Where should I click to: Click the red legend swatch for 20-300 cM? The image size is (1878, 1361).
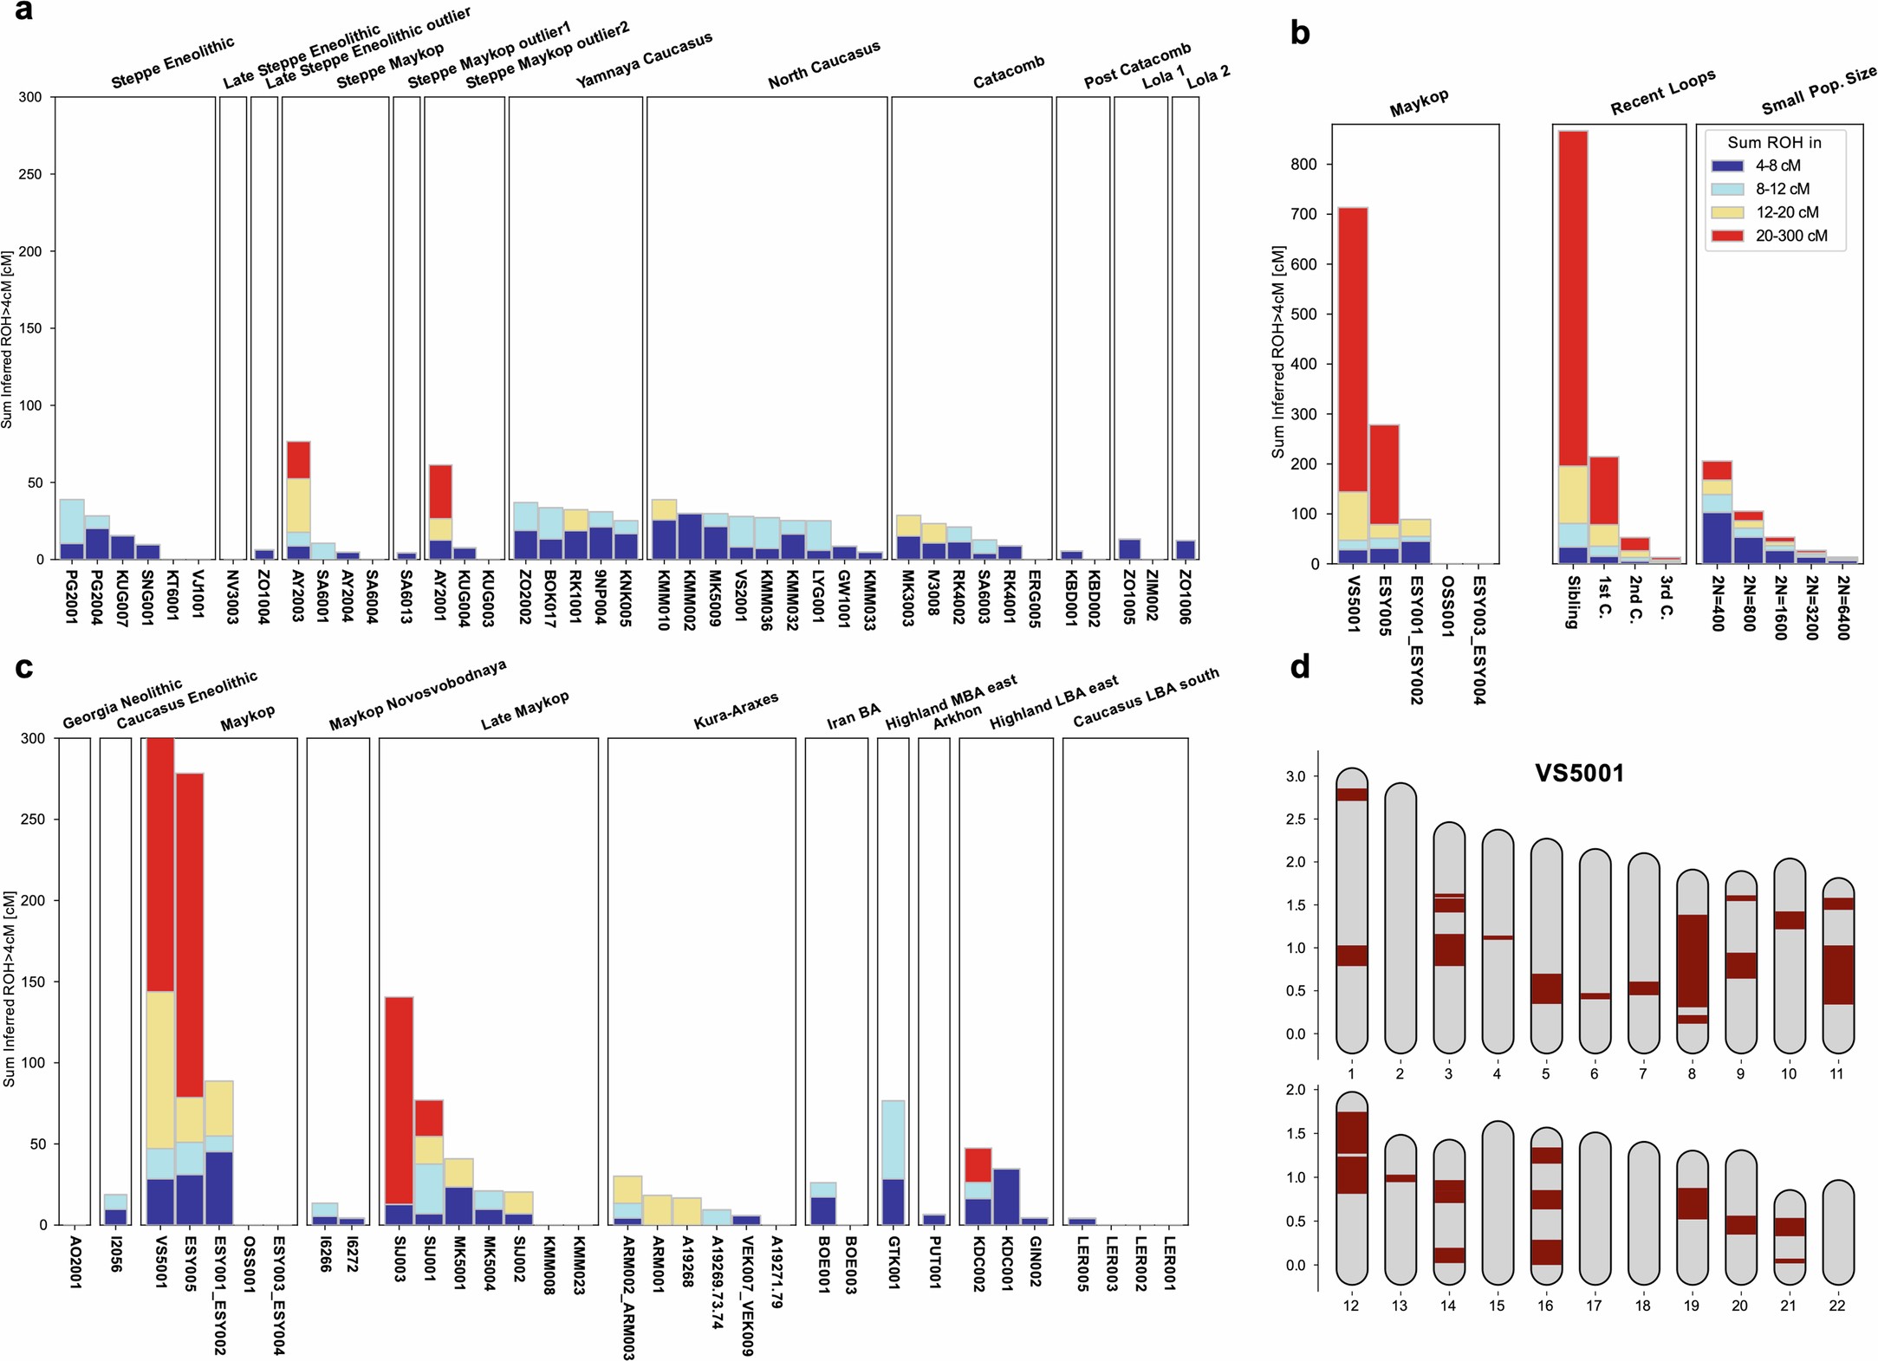(1727, 236)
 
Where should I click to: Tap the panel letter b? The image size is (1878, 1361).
(1299, 33)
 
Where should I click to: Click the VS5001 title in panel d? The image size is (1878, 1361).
(1579, 773)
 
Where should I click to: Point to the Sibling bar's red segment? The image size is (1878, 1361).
(1572, 298)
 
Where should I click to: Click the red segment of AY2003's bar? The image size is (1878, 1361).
(298, 460)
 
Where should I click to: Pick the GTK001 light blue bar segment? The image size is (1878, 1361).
(893, 1139)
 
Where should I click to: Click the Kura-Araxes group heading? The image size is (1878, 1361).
(736, 710)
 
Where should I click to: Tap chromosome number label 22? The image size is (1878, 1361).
(1836, 1306)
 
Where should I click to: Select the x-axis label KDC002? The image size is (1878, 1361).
(978, 1264)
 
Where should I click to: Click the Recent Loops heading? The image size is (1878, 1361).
(1661, 92)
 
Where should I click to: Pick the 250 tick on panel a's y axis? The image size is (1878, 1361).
(30, 174)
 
